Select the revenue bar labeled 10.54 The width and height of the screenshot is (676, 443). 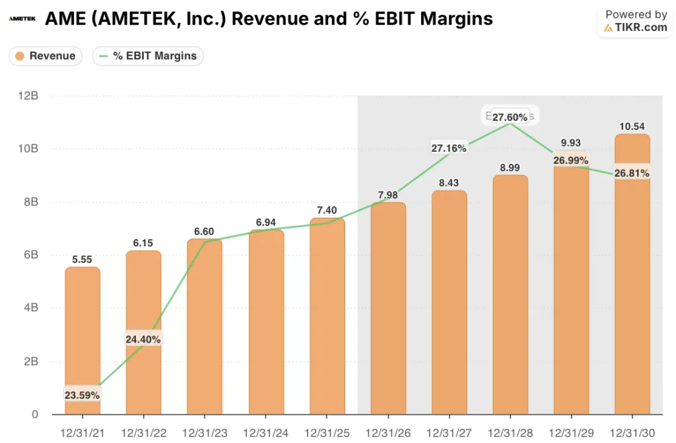(x=632, y=277)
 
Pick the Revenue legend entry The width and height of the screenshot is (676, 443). (x=46, y=56)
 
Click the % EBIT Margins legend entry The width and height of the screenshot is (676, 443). (x=148, y=56)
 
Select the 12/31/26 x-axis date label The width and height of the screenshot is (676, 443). (x=388, y=433)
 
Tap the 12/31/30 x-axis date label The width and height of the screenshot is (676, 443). (x=632, y=433)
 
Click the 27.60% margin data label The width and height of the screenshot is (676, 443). (x=509, y=117)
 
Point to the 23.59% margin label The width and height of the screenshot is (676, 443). (x=83, y=395)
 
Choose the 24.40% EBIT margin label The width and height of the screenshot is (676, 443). (x=143, y=339)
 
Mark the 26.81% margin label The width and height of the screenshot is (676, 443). (x=632, y=173)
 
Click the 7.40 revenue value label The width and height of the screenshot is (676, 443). (x=327, y=210)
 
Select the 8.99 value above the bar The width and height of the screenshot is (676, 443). (x=510, y=168)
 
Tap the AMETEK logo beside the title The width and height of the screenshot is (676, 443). (x=22, y=18)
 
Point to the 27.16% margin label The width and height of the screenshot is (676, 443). (x=449, y=148)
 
